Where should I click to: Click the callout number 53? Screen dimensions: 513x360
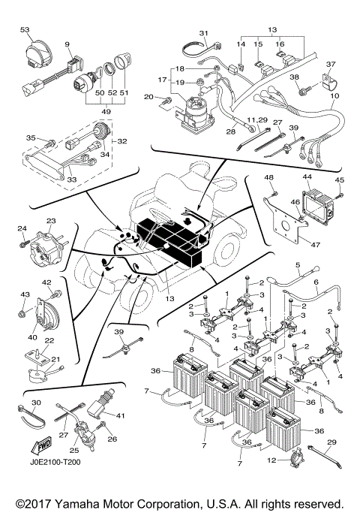(x=25, y=29)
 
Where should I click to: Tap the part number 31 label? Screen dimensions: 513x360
(x=203, y=33)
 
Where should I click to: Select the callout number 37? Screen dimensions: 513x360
(x=331, y=64)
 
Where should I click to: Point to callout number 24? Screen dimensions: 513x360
(x=22, y=229)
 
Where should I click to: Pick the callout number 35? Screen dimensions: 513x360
(x=31, y=137)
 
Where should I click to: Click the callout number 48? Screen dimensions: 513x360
(x=268, y=177)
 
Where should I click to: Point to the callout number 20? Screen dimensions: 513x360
(x=148, y=97)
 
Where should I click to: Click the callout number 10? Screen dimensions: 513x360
(x=334, y=97)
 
